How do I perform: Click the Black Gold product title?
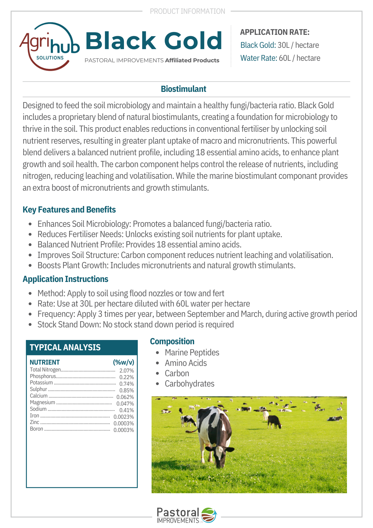click(154, 41)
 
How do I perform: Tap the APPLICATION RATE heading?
click(275, 32)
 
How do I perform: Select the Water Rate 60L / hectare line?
click(280, 58)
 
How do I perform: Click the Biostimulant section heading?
click(183, 89)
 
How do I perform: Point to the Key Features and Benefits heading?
click(69, 210)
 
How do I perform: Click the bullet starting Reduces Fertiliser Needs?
click(160, 234)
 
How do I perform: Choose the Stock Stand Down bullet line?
click(136, 324)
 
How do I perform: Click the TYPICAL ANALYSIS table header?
click(65, 347)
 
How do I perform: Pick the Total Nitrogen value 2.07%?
click(127, 371)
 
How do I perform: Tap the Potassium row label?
click(41, 383)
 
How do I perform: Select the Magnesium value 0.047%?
click(125, 404)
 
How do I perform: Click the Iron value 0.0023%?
click(124, 417)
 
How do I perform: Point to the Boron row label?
click(36, 429)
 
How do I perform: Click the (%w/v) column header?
click(123, 362)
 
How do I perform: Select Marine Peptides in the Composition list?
click(192, 353)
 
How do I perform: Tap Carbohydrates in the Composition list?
click(189, 384)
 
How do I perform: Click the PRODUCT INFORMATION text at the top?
click(187, 11)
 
